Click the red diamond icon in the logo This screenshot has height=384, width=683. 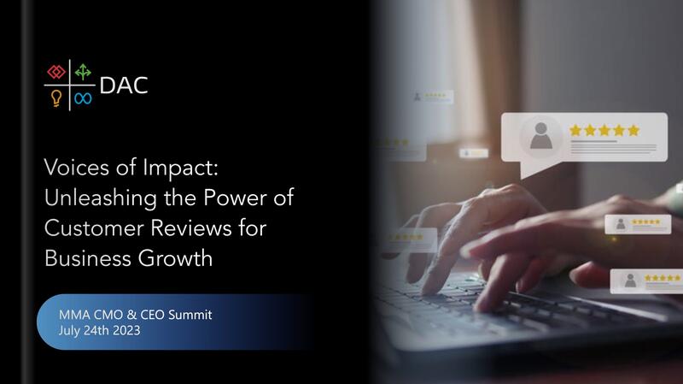pos(56,72)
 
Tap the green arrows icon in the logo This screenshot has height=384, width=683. pos(83,72)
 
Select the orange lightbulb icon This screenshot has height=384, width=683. pos(56,98)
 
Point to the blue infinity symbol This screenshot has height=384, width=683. pos(83,98)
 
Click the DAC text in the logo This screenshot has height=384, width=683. pos(124,86)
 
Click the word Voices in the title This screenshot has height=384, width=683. pos(77,168)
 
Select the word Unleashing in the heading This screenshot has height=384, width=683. pos(101,198)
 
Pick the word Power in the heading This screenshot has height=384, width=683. pos(236,198)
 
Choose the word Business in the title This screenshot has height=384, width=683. pos(88,258)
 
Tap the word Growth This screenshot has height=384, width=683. pos(176,258)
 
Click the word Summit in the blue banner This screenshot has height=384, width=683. pos(190,315)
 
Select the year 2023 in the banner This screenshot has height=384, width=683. pos(126,330)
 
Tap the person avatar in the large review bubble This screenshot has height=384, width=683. pos(541,136)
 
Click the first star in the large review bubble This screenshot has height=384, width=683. pos(575,130)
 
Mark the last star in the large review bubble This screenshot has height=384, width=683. pos(633,130)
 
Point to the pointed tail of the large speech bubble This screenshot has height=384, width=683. pos(522,177)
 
